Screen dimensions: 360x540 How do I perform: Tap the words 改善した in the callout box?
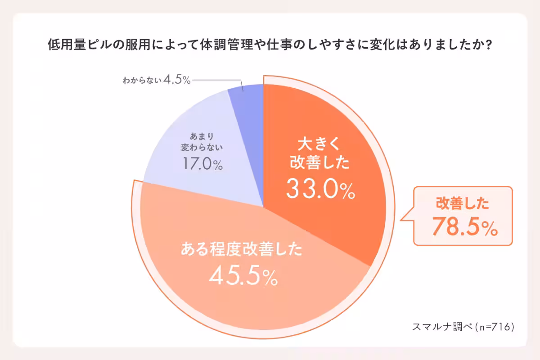[462, 204]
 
